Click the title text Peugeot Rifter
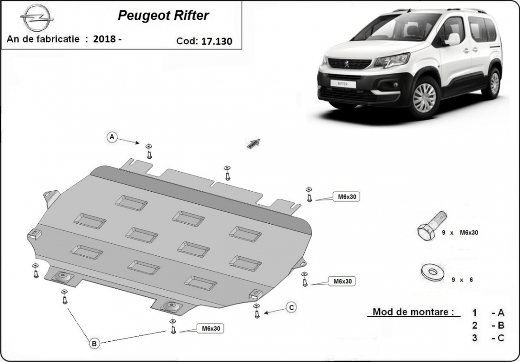(163, 15)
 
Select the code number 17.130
(217, 41)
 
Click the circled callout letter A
(112, 136)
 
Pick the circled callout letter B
(94, 344)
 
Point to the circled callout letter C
(292, 307)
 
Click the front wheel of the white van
(424, 98)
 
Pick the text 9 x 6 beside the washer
(462, 280)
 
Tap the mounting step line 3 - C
(488, 337)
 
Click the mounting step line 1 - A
(488, 313)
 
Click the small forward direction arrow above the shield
(254, 143)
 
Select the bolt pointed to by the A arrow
(149, 152)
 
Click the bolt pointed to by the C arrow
(257, 311)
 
